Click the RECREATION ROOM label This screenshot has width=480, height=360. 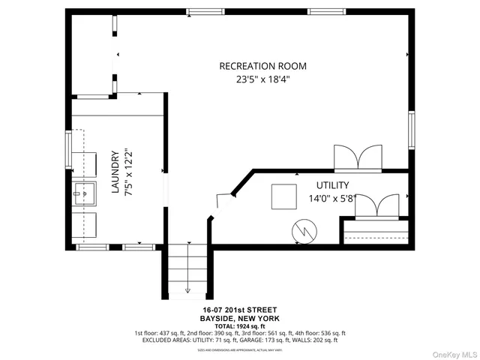point(262,66)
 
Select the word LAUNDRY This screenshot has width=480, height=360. point(115,173)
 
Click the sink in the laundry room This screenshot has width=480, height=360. point(85,197)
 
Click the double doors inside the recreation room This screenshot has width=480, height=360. point(358,157)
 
